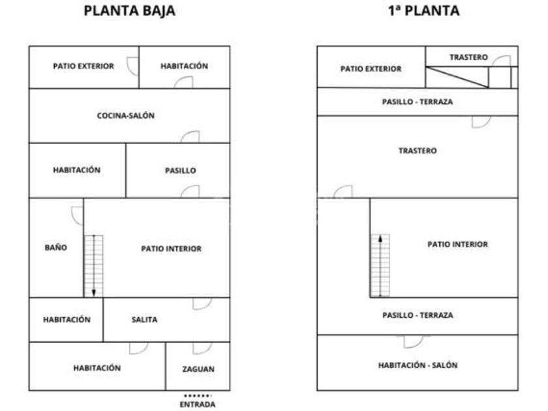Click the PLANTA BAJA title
[x=130, y=11]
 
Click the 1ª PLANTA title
[x=423, y=11]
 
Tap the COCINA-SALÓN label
[x=126, y=115]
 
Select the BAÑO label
[x=55, y=248]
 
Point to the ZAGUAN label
[x=198, y=369]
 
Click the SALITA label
[x=144, y=320]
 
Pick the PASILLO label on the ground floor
[x=180, y=171]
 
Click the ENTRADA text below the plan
[x=197, y=404]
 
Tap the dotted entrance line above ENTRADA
[x=197, y=395]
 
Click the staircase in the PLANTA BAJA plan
[x=95, y=265]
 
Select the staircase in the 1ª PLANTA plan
[x=380, y=265]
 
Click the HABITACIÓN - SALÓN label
[x=418, y=365]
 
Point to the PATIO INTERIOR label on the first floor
[x=457, y=245]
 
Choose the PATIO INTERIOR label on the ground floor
[x=171, y=249]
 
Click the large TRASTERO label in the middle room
[x=418, y=151]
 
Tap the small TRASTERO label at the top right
[x=468, y=58]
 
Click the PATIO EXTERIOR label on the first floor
[x=371, y=68]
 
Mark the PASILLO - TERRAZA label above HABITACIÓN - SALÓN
[x=418, y=315]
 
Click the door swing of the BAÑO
[x=76, y=213]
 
